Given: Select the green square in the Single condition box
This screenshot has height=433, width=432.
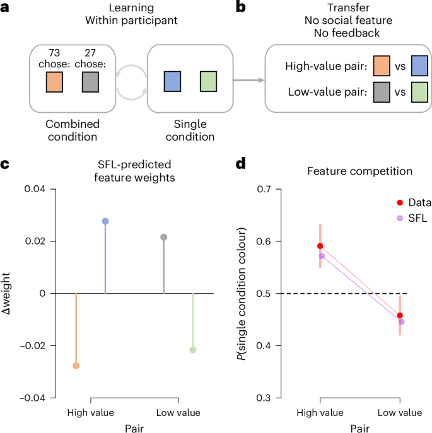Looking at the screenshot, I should pos(208,83).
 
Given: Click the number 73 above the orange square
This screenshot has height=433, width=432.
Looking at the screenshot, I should pos(54,54).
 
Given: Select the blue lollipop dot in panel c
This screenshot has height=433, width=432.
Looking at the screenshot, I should pos(105,221).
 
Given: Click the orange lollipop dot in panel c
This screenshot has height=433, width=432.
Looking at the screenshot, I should pos(76,366).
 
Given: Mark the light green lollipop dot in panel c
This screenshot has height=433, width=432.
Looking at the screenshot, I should pos(193,350).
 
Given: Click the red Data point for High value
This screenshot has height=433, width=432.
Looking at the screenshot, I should pos(320,246).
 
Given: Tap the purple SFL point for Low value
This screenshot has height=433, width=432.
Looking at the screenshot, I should pos(401,321).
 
